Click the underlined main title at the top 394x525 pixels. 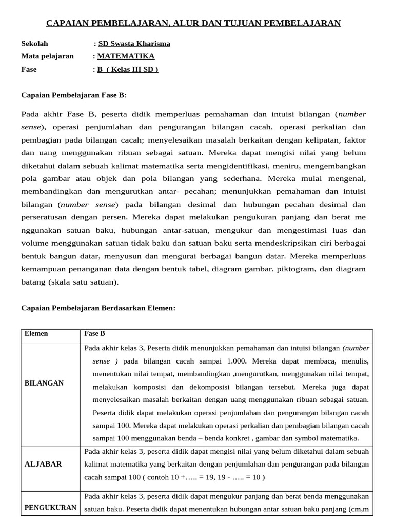pos(194,23)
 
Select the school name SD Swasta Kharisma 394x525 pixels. pos(134,44)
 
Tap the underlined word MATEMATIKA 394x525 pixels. pos(126,56)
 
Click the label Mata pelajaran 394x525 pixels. pos(47,56)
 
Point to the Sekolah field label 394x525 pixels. pos(34,44)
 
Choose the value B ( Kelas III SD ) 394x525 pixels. pos(128,69)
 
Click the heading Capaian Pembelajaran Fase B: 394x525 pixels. pos(73,95)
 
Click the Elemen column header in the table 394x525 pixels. pos(36,334)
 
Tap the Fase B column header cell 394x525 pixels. pos(94,334)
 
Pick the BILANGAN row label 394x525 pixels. pos(45,383)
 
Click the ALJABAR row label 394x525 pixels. pos(44,464)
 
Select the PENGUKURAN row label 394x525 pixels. pos(51,508)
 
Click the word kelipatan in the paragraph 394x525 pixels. pos(323,139)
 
